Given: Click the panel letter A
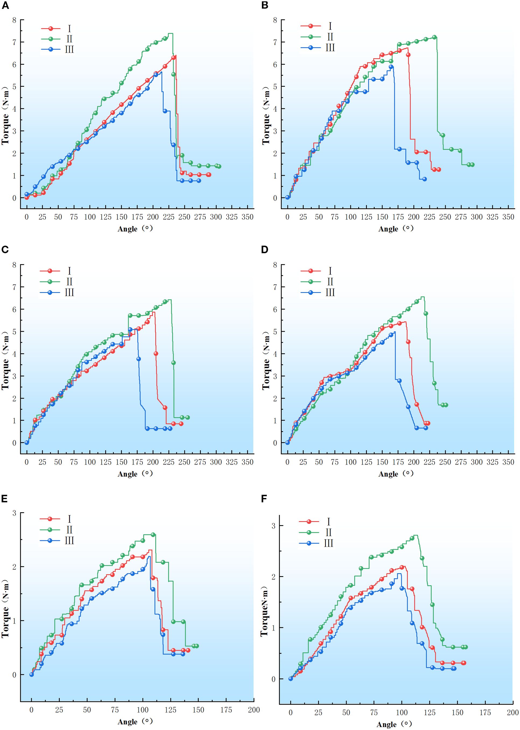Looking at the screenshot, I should pos(5,5).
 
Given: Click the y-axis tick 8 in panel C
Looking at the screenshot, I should pos(14,265).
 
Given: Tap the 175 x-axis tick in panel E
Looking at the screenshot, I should pos(226,710).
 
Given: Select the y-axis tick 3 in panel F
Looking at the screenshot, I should pos(273,525).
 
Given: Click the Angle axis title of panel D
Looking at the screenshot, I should pos(396,474).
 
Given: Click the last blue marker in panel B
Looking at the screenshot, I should pos(424,179).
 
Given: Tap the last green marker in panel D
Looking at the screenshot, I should pos(446,405).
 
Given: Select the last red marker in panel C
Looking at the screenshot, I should pos(181,424).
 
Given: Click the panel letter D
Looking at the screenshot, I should pos(265,250).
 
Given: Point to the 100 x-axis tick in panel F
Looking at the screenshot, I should pos(402,712).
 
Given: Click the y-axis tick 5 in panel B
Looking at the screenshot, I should pos(275,87).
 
